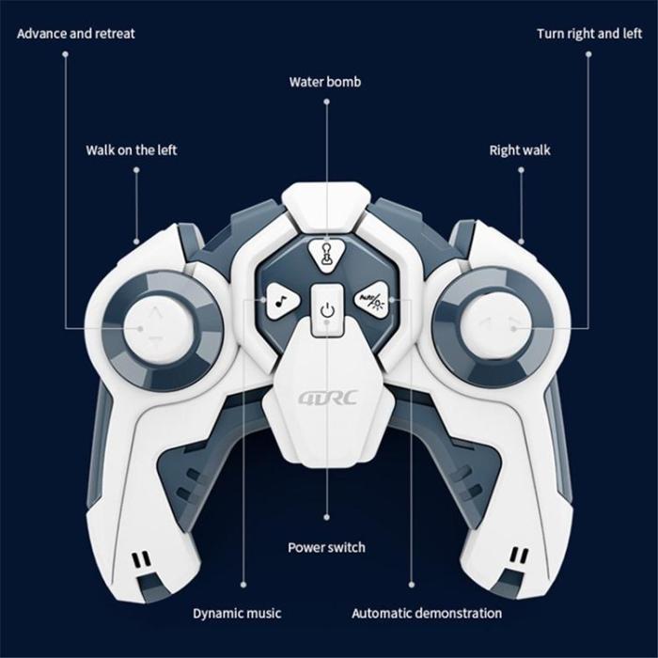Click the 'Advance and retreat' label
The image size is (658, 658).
76,34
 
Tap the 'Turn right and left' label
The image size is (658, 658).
589,34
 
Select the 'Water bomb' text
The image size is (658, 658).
325,82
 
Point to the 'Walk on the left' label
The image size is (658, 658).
132,150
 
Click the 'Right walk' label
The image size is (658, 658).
520,150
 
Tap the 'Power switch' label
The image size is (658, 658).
326,547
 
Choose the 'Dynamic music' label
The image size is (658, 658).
237,613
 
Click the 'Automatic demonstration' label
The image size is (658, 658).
427,613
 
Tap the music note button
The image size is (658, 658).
282,300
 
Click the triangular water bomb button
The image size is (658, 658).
326,255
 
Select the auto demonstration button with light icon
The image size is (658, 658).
372,300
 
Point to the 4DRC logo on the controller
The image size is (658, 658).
328,397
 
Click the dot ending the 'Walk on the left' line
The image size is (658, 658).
136,242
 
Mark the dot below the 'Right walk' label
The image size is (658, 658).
521,170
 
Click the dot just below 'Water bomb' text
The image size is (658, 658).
326,102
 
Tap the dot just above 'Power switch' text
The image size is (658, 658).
327,517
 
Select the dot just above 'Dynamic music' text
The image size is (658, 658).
243,585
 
